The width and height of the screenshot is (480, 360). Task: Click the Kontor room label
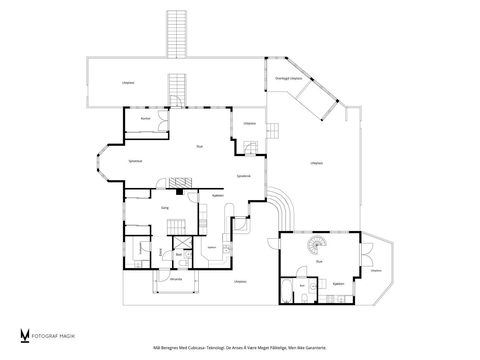(146, 118)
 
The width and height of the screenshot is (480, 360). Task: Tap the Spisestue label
(135, 161)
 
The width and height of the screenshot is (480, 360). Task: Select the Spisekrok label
(244, 176)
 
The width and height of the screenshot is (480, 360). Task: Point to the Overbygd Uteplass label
(289, 78)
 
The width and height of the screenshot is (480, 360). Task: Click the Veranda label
(176, 279)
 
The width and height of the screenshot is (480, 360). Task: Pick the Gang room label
(165, 208)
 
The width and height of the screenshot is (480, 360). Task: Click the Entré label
(160, 252)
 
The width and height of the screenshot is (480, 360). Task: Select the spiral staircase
(317, 245)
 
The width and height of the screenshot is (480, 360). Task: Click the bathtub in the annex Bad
(286, 291)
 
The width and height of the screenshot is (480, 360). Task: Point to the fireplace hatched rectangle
(180, 183)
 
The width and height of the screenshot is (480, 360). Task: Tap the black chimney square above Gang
(180, 192)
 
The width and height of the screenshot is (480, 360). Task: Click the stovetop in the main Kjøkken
(203, 223)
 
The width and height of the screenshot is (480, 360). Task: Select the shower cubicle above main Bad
(183, 242)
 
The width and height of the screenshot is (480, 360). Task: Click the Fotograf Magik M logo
(25, 335)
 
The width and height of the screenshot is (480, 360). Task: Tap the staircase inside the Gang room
(176, 227)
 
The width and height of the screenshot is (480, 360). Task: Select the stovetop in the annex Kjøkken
(330, 299)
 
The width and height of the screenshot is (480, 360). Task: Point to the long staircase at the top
(177, 34)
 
